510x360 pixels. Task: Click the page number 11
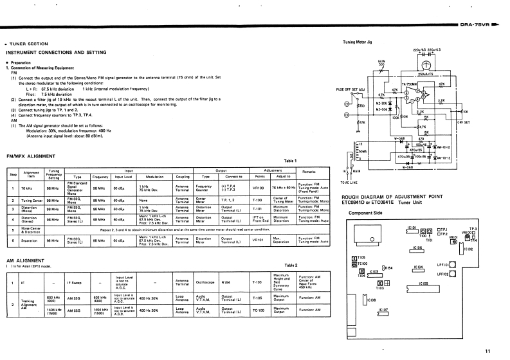pyautogui.click(x=488, y=350)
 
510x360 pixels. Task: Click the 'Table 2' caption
pyautogui.click(x=291, y=264)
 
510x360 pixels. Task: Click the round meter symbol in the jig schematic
pyautogui.click(x=424, y=66)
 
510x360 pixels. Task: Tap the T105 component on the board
pyautogui.click(x=354, y=256)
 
